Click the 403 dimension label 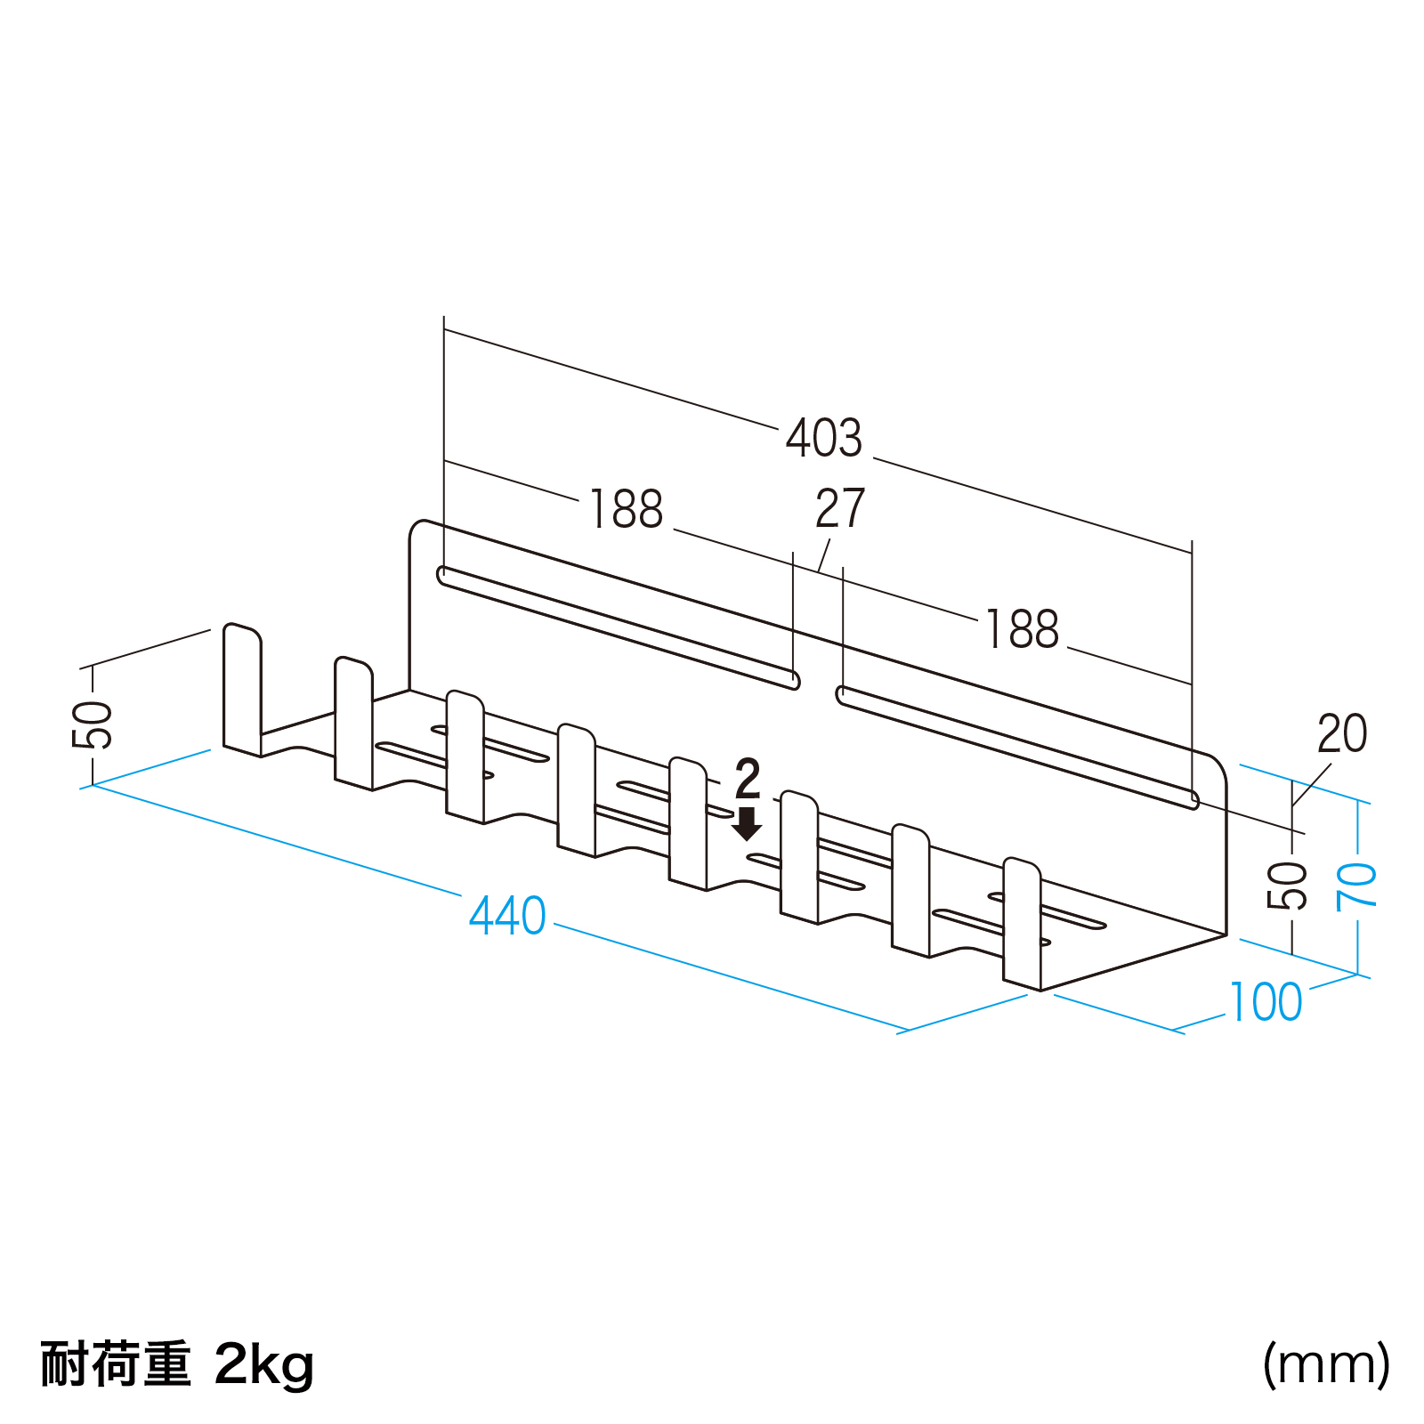(824, 438)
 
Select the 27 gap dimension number (840, 509)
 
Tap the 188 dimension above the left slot (627, 509)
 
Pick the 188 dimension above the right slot (1023, 629)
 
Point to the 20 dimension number (1342, 734)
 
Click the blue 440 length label (507, 916)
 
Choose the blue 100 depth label (1266, 1002)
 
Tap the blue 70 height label (1357, 886)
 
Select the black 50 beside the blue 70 (1288, 886)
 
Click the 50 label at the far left (93, 725)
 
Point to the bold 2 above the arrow (748, 780)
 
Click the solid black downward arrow (747, 824)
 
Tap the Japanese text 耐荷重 (116, 1363)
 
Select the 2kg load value (264, 1363)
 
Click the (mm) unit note (1326, 1363)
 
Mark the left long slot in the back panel (619, 627)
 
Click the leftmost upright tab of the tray (241, 690)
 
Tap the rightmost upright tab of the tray (1022, 923)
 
